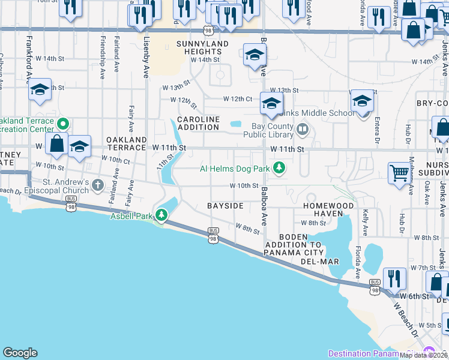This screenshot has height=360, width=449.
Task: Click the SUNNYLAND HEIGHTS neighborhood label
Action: click(202, 48)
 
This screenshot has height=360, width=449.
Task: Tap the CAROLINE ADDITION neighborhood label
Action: click(197, 123)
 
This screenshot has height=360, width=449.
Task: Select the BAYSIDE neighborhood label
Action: click(225, 206)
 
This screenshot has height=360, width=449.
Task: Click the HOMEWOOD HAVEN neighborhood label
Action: click(328, 206)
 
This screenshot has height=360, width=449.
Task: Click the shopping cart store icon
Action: click(399, 173)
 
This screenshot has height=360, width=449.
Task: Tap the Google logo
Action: click(20, 353)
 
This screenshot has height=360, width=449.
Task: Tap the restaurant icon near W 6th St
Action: click(394, 278)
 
